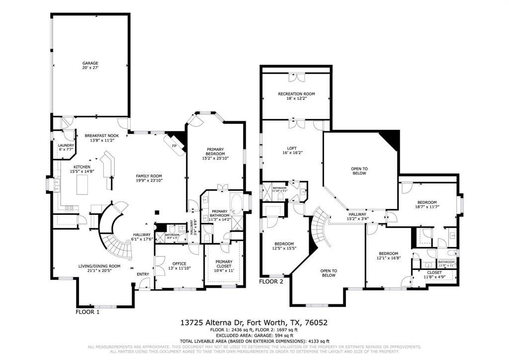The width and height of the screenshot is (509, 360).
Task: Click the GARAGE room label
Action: (90, 63)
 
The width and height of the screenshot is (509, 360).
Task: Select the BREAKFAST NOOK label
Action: (101, 135)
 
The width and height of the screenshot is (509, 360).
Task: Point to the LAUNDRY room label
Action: (66, 145)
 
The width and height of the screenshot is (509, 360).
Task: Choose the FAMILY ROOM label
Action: (149, 176)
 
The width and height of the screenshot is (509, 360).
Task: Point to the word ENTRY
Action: (143, 274)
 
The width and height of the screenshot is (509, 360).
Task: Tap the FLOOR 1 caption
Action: (87, 312)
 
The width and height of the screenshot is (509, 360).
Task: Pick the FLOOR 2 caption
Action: (271, 281)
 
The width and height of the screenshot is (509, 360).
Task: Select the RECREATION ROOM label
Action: (296, 94)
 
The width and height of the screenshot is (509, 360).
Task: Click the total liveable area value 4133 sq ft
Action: (317, 341)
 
